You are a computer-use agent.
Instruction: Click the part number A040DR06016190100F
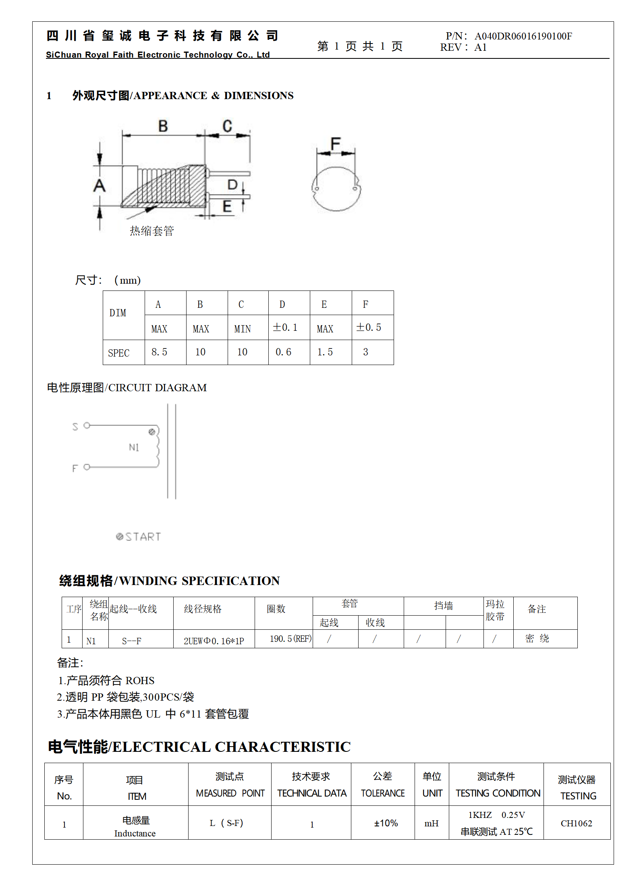523,36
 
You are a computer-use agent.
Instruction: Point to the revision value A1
480,48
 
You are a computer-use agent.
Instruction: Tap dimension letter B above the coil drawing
163,126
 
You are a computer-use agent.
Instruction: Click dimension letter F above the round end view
335,143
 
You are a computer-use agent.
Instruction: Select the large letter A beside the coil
100,186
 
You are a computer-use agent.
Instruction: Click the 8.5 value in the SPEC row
159,352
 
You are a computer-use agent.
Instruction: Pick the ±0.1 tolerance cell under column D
285,328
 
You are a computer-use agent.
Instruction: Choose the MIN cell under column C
243,329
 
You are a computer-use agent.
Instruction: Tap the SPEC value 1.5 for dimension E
325,352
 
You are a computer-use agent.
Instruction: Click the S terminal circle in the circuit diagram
87,425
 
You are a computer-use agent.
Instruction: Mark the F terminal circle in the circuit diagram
87,467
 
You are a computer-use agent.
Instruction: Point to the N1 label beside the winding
134,447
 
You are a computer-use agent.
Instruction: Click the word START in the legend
143,537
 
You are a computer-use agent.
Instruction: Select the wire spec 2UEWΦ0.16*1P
214,641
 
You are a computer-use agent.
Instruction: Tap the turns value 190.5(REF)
290,639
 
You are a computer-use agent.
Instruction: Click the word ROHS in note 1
140,681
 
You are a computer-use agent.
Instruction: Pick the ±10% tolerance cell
386,823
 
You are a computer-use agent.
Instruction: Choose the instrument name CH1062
576,823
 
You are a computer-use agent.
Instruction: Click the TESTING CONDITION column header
498,793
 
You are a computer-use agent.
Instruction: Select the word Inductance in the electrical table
135,833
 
